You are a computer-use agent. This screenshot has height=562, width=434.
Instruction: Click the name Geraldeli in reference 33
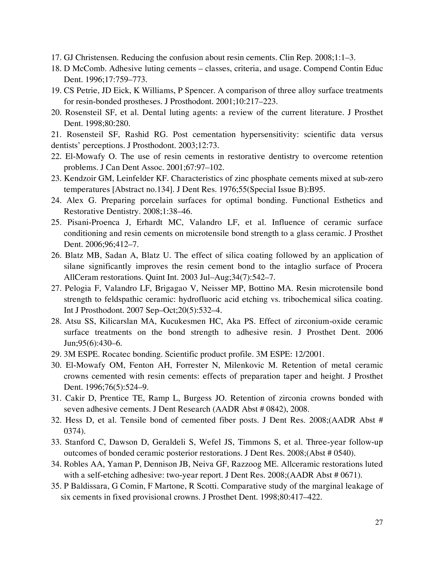coord(170,442)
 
